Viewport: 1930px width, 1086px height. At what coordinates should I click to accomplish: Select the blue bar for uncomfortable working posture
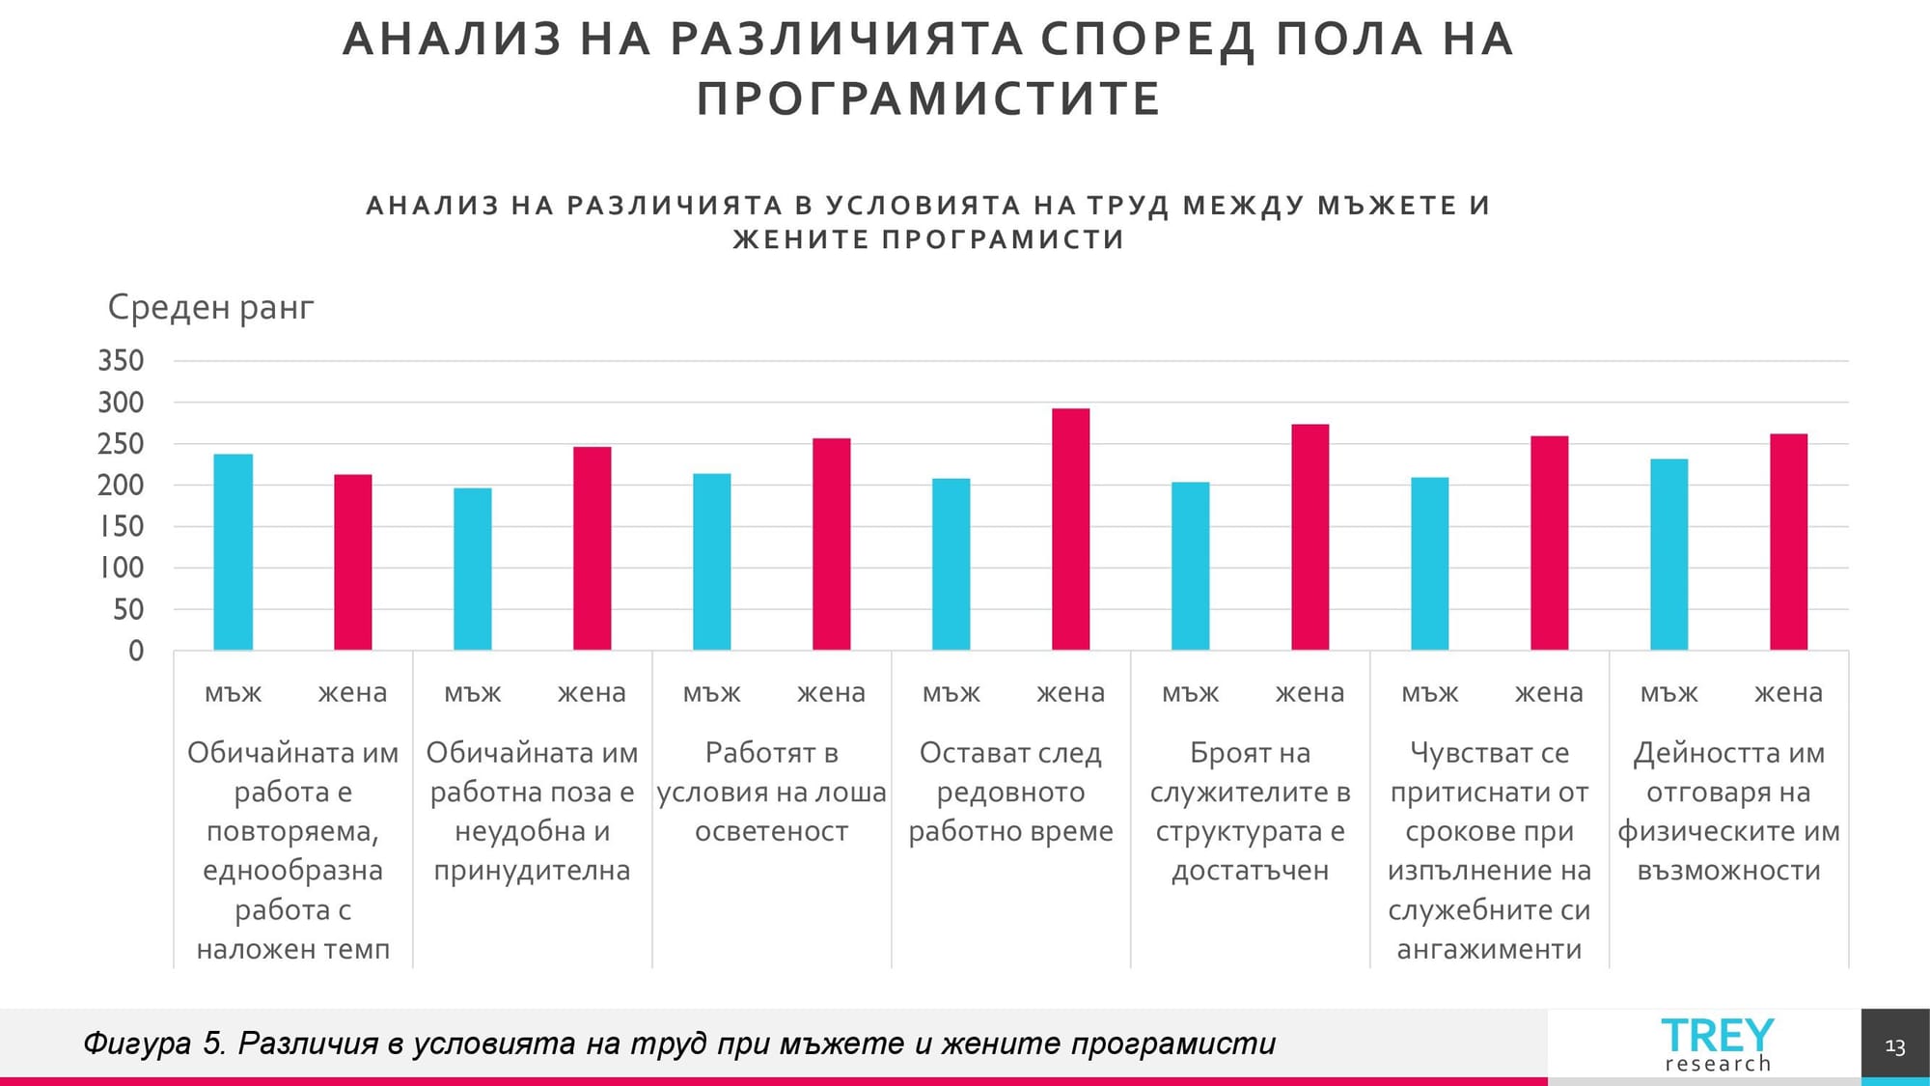473,569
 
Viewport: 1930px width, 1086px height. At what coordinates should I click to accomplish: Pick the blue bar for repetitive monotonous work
233,552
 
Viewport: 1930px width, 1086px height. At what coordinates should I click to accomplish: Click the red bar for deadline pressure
1549,543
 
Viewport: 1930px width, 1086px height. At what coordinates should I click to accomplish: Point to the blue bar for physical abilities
1668,554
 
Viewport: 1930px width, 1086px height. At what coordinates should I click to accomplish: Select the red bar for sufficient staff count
1310,537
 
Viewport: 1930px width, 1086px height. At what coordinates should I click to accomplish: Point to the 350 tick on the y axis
121,361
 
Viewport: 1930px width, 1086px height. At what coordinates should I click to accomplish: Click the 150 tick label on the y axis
121,527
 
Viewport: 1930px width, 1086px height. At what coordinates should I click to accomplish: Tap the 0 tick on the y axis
136,652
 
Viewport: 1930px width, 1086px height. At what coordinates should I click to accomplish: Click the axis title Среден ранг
210,308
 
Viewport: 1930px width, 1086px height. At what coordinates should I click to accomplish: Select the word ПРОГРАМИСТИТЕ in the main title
928,99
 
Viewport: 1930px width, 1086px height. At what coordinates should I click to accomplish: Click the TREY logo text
1717,1036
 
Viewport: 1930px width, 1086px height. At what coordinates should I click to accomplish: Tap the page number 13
1894,1046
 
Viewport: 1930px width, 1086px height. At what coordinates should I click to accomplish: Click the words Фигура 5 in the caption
154,1044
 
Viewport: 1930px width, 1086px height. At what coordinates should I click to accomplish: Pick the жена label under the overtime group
1070,693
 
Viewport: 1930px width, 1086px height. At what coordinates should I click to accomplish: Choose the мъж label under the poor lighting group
711,693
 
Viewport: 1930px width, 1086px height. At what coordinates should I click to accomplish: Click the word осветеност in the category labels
771,831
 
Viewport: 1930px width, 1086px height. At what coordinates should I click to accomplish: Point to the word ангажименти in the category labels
1489,950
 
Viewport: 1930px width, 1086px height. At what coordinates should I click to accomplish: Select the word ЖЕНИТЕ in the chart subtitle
802,239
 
